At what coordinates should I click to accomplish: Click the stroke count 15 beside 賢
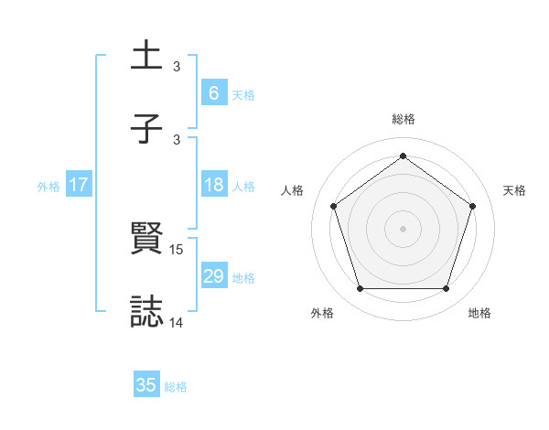(x=177, y=250)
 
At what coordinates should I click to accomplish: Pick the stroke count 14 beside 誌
(x=177, y=322)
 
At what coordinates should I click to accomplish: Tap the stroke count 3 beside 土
(x=177, y=67)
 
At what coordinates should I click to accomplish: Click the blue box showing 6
(x=213, y=92)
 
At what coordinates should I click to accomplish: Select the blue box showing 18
(x=213, y=185)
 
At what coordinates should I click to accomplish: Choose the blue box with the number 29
(x=213, y=276)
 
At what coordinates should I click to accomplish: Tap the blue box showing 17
(x=79, y=185)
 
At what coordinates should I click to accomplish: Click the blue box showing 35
(x=146, y=385)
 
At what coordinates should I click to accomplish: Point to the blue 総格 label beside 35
(x=176, y=387)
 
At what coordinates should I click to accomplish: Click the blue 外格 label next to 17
(x=48, y=186)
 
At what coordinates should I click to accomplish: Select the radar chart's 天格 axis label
(x=515, y=190)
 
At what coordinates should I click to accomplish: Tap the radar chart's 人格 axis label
(x=292, y=190)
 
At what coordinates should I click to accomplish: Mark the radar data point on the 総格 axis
(x=403, y=156)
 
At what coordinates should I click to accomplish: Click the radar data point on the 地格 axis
(x=446, y=288)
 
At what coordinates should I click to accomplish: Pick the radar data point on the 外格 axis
(x=360, y=288)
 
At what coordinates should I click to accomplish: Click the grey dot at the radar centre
(x=403, y=228)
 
